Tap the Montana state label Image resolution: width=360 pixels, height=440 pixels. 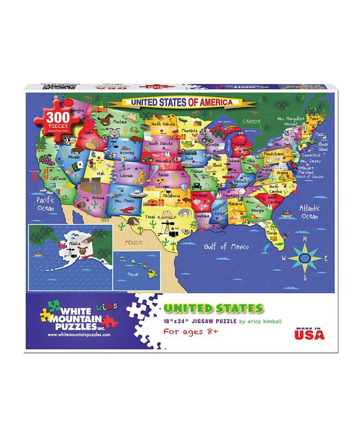pyautogui.click(x=120, y=122)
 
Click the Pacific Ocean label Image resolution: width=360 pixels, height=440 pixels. pyautogui.click(x=45, y=203)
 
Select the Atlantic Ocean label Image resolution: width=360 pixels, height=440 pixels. pyautogui.click(x=309, y=212)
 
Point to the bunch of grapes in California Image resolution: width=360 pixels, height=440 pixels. pyautogui.click(x=47, y=162)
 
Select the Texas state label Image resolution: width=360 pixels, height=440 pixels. pyautogui.click(x=151, y=217)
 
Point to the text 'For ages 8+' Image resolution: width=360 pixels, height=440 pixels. pyautogui.click(x=191, y=332)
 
